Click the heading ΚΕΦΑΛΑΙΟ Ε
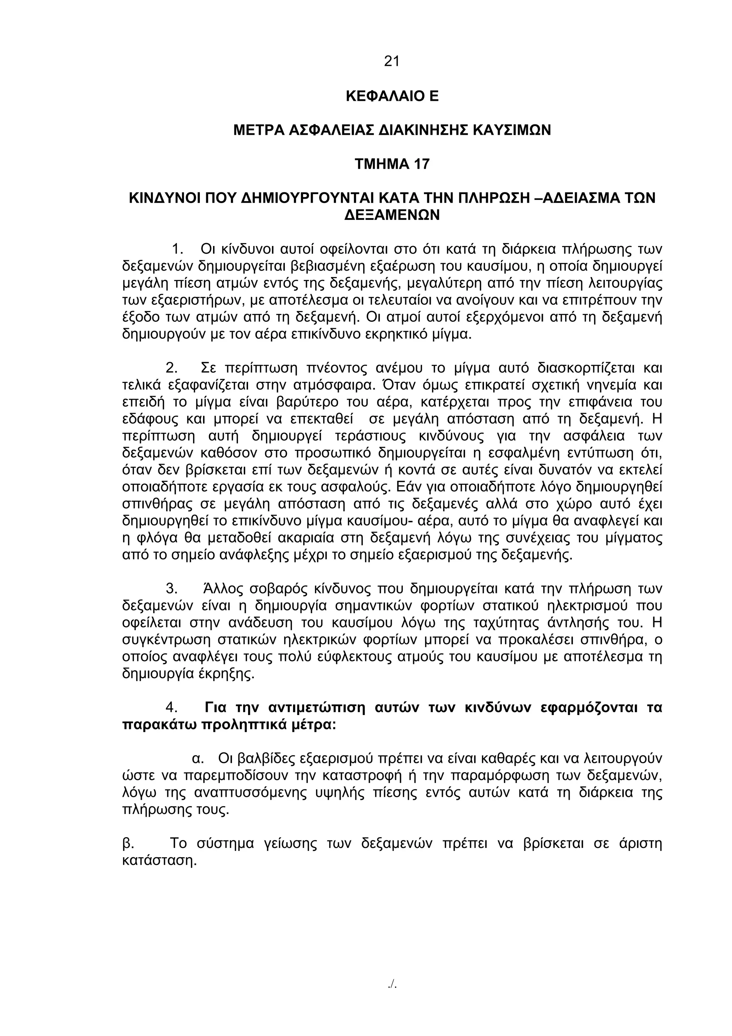(x=391, y=96)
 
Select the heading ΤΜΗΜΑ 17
(x=391, y=164)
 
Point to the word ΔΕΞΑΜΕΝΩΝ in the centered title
(x=391, y=215)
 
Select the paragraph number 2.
(x=172, y=368)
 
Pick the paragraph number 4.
(x=172, y=707)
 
